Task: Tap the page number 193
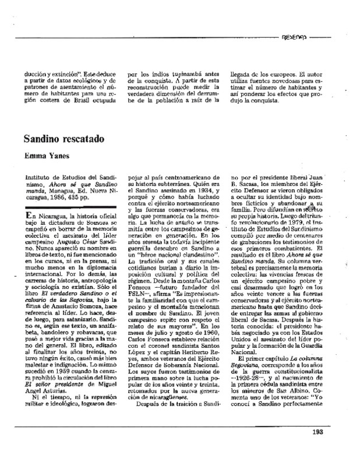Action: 333,447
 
